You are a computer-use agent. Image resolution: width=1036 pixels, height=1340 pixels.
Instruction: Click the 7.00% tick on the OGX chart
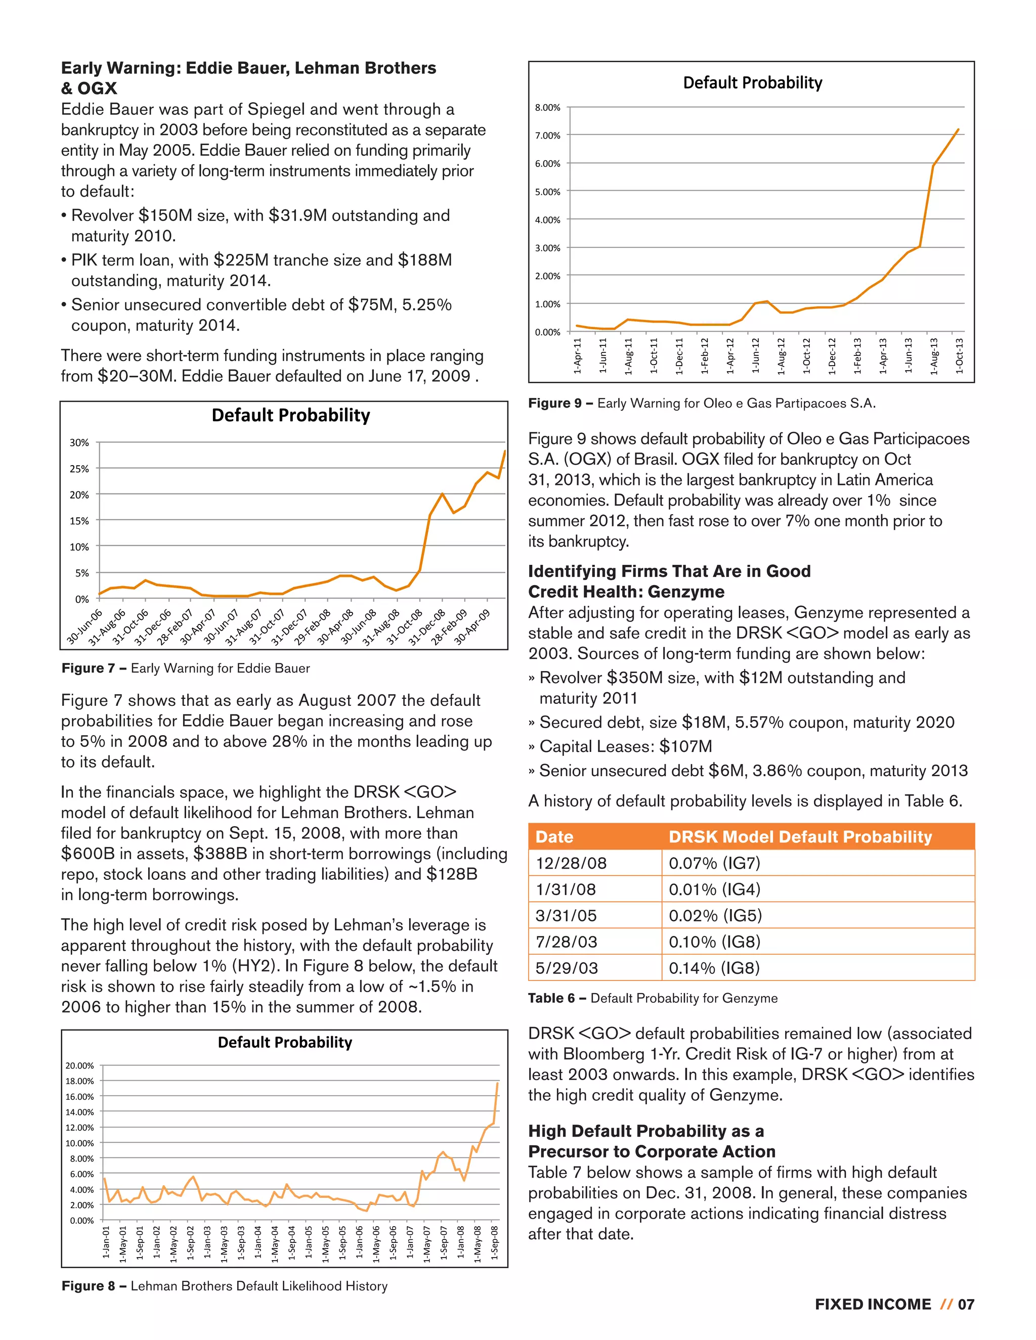547,136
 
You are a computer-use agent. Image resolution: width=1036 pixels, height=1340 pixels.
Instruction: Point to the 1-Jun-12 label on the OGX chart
755,356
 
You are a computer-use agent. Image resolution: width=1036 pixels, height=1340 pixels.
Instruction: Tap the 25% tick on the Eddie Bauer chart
79,469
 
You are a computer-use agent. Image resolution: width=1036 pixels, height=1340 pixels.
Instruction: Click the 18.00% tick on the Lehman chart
80,1081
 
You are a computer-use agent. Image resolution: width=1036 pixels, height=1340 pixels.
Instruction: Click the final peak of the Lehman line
497,1084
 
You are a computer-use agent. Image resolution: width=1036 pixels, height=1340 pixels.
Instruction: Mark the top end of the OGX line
958,129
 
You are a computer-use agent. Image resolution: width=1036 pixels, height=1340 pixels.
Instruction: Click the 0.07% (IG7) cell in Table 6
714,863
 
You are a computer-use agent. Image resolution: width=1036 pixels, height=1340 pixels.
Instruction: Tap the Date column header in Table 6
554,837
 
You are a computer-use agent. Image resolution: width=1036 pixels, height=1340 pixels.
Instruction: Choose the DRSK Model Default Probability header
800,837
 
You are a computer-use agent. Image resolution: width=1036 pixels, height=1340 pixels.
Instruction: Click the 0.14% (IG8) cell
714,968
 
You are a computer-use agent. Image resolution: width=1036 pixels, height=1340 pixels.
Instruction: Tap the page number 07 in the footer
966,1305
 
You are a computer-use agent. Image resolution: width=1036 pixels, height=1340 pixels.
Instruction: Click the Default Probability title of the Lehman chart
285,1043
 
